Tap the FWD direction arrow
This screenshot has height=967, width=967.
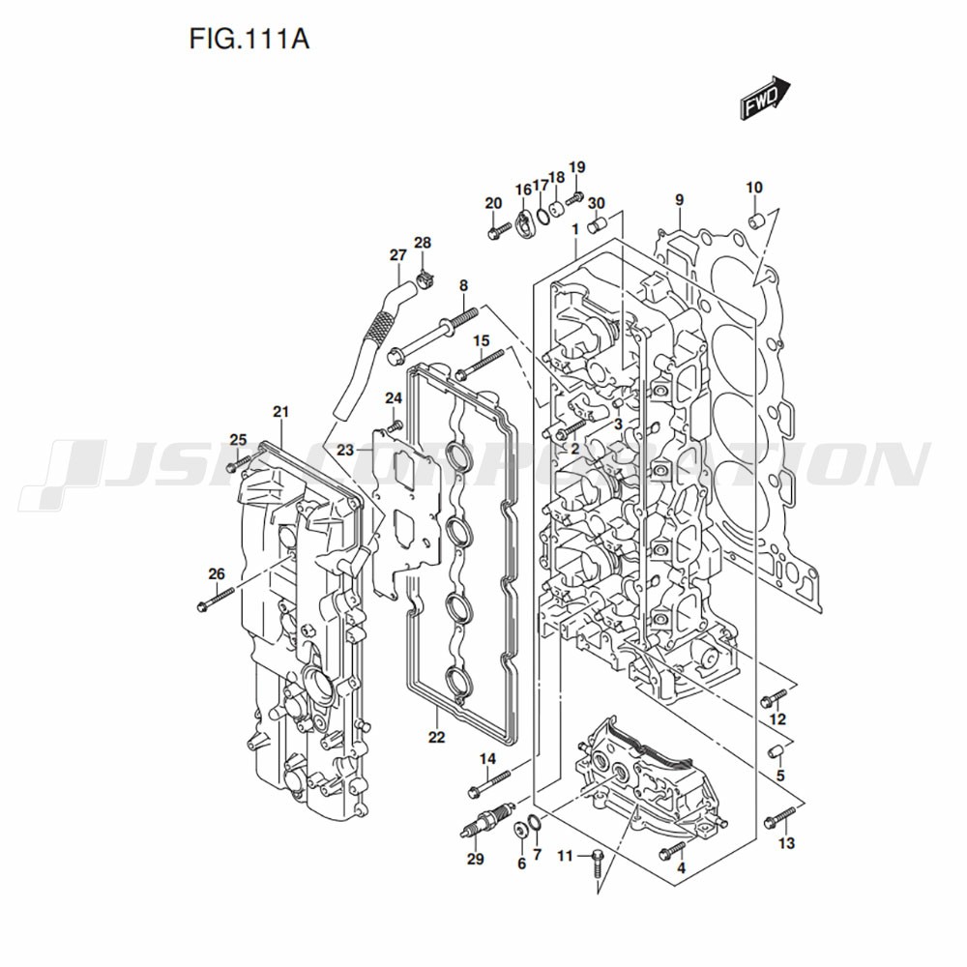click(x=767, y=99)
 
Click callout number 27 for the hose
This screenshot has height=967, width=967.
click(x=397, y=255)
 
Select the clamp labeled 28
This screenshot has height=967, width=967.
click(x=425, y=282)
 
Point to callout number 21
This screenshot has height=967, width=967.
click(x=281, y=413)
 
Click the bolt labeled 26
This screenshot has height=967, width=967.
click(x=215, y=601)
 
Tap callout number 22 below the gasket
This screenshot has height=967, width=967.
click(x=436, y=738)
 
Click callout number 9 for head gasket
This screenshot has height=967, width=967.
click(x=679, y=200)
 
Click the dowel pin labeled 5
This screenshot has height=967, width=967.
click(x=775, y=752)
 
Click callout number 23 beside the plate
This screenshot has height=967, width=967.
click(x=345, y=450)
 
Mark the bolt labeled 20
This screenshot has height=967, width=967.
click(x=497, y=230)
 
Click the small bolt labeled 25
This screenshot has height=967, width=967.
click(x=232, y=466)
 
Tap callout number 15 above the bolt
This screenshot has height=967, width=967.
click(x=481, y=341)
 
